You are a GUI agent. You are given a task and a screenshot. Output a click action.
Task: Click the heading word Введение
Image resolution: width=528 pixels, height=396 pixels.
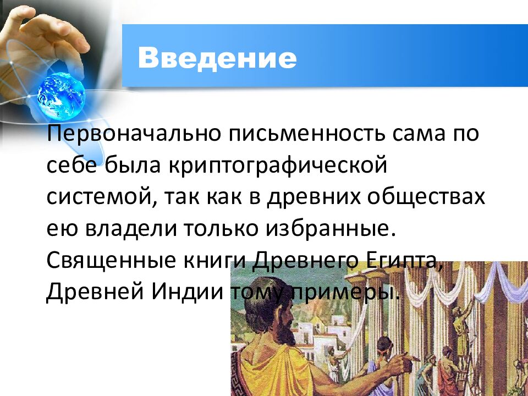217,57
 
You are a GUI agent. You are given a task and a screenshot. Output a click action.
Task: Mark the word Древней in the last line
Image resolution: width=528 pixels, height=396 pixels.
89,290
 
